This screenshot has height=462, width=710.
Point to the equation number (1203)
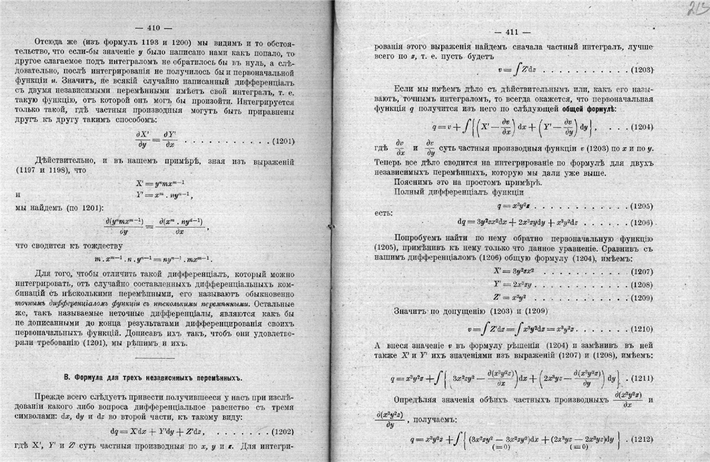click(643, 69)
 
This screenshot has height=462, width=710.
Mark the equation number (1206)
click(643, 222)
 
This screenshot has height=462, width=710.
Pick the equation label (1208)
click(643, 284)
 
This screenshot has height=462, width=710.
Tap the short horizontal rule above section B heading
click(155, 357)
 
